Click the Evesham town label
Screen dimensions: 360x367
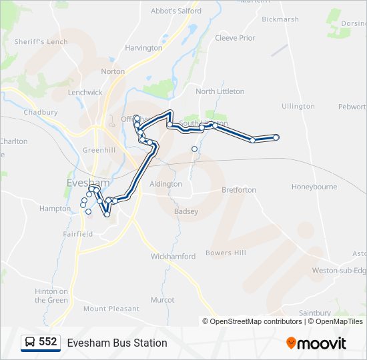(x=85, y=183)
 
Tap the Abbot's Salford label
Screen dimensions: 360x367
(x=177, y=11)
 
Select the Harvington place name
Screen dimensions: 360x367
(x=143, y=48)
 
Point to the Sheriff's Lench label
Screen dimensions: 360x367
(x=41, y=41)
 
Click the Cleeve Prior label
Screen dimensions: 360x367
(x=235, y=38)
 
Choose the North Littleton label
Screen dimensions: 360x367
(x=220, y=91)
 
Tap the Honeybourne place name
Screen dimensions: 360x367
(x=314, y=187)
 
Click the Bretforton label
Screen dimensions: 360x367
(x=239, y=190)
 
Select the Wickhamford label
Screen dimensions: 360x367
(x=173, y=257)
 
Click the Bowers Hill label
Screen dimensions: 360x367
(x=226, y=253)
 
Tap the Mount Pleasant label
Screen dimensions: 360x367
(x=111, y=309)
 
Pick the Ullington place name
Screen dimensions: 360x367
(x=298, y=106)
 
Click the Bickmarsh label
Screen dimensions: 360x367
(x=280, y=19)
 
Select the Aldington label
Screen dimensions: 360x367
(x=166, y=184)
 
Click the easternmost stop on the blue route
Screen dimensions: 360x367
(x=276, y=137)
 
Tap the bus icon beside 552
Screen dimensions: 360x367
(x=30, y=343)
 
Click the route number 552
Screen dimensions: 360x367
(x=48, y=342)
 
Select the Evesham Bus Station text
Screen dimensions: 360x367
(x=117, y=343)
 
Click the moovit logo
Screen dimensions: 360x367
(x=316, y=343)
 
